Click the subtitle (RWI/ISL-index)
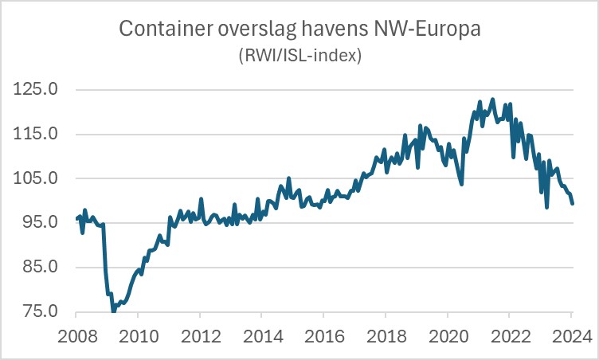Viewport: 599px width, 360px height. click(299, 56)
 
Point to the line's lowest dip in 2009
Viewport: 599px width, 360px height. click(114, 310)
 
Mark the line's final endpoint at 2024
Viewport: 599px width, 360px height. click(572, 204)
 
